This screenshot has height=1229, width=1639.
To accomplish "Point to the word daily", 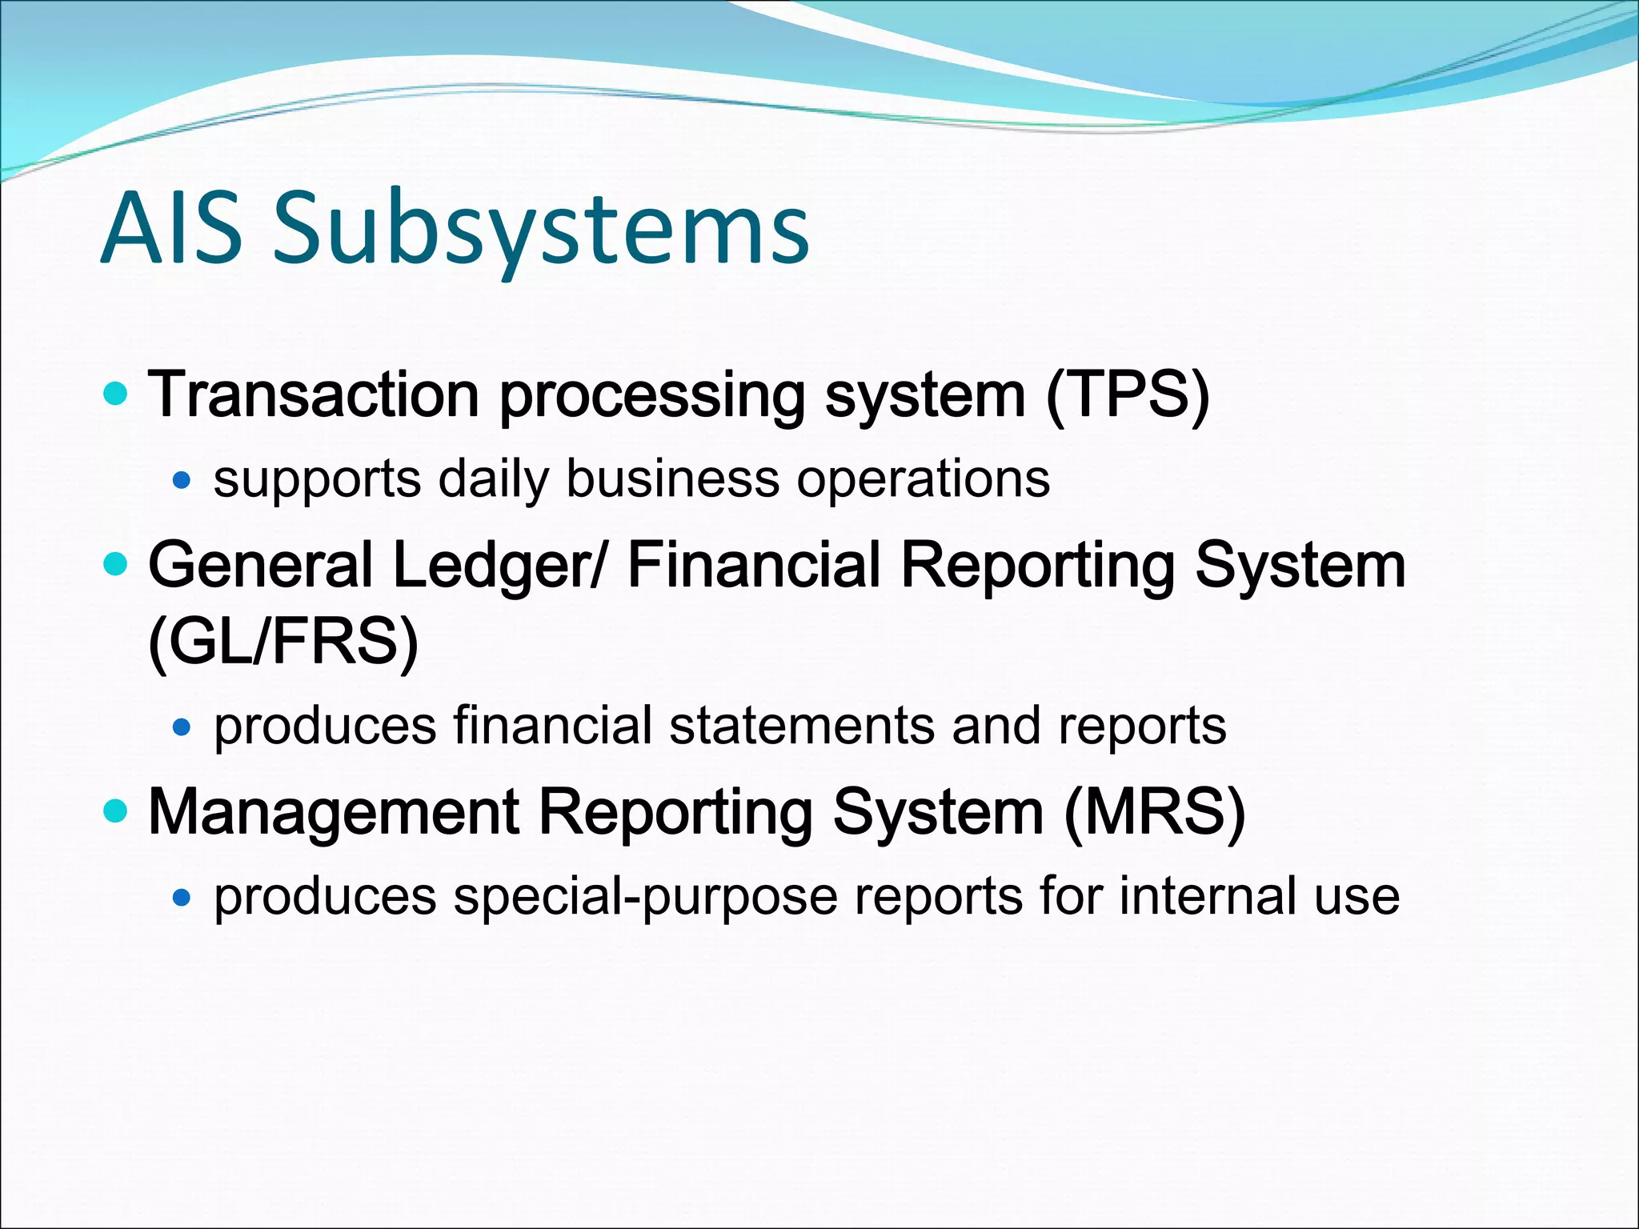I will click(493, 479).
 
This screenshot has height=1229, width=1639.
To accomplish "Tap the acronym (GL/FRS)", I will click(283, 643).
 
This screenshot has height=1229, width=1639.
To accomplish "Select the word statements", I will click(801, 726).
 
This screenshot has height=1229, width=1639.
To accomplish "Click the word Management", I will click(334, 812).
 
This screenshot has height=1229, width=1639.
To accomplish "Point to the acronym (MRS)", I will click(1154, 812).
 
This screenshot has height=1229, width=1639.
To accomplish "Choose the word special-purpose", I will click(645, 896).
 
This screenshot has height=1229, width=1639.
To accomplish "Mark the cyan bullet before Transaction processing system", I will click(116, 394).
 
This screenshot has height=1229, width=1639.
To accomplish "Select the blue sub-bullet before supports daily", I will click(182, 480).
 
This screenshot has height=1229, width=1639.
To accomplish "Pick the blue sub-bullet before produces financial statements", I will click(182, 727).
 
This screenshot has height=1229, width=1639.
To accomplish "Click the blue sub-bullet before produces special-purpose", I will click(182, 897).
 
